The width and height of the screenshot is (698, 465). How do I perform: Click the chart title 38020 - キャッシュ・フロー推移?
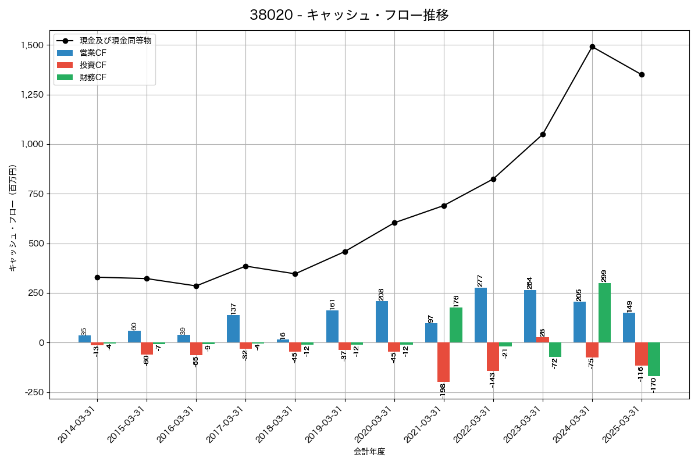(349, 15)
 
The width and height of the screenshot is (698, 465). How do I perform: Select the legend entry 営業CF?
(93, 53)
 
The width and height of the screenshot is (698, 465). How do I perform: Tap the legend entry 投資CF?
(93, 65)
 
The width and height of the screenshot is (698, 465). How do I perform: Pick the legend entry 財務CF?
(93, 77)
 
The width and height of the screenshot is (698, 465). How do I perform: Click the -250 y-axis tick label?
(34, 392)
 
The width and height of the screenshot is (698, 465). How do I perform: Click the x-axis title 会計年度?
(369, 452)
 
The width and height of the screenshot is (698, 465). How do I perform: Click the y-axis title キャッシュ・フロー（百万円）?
(13, 218)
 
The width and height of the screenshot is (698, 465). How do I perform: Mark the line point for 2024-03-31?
(592, 46)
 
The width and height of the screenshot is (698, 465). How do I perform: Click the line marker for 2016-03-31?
(196, 286)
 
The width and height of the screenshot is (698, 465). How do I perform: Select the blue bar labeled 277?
(480, 315)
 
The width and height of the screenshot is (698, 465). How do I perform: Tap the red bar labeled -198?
(443, 362)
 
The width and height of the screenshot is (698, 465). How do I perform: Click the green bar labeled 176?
(456, 325)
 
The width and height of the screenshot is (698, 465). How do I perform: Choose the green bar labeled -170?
(654, 359)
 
